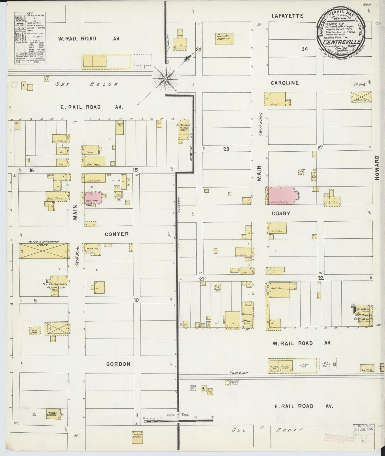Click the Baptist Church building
[x=225, y=39]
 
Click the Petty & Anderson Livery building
[x=44, y=251]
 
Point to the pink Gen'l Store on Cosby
[x=281, y=196]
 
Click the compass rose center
[x=165, y=79]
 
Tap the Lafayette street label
[x=287, y=16]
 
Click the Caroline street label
[x=285, y=83]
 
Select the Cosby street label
[x=281, y=213]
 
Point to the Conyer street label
[x=117, y=234]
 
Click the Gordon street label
[x=118, y=364]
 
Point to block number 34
[x=305, y=49]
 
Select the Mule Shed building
[x=35, y=330]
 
